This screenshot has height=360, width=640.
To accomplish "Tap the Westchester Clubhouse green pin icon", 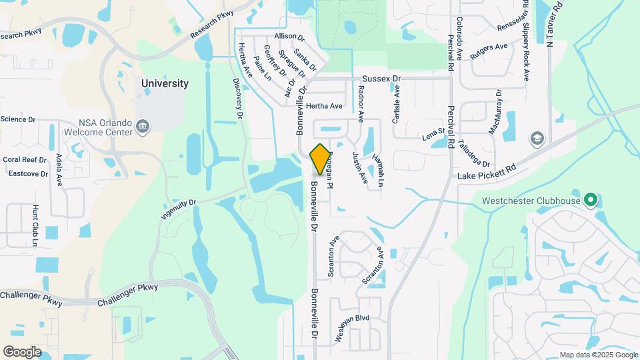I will coord(590,200).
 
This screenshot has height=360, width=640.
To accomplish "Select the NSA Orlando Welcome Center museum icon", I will coord(143,127).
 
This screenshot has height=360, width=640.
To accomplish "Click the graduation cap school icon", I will coord(537,138).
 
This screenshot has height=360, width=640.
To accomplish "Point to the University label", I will coord(165,84).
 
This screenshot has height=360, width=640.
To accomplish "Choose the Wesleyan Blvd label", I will coord(352,327).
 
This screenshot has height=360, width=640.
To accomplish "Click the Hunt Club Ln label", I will coord(35,225).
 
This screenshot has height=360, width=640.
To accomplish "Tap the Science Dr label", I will coord(17,119).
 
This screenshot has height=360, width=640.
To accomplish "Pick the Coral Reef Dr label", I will coord(25,160).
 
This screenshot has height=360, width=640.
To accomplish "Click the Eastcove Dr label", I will coord(28,174).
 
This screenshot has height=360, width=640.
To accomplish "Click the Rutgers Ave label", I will coord(489,52).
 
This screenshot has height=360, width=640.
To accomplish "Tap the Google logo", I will coord(23,352).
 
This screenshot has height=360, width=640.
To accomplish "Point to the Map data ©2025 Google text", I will coord(598,355).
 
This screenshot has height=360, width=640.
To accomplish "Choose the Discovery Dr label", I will coord(237,98).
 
